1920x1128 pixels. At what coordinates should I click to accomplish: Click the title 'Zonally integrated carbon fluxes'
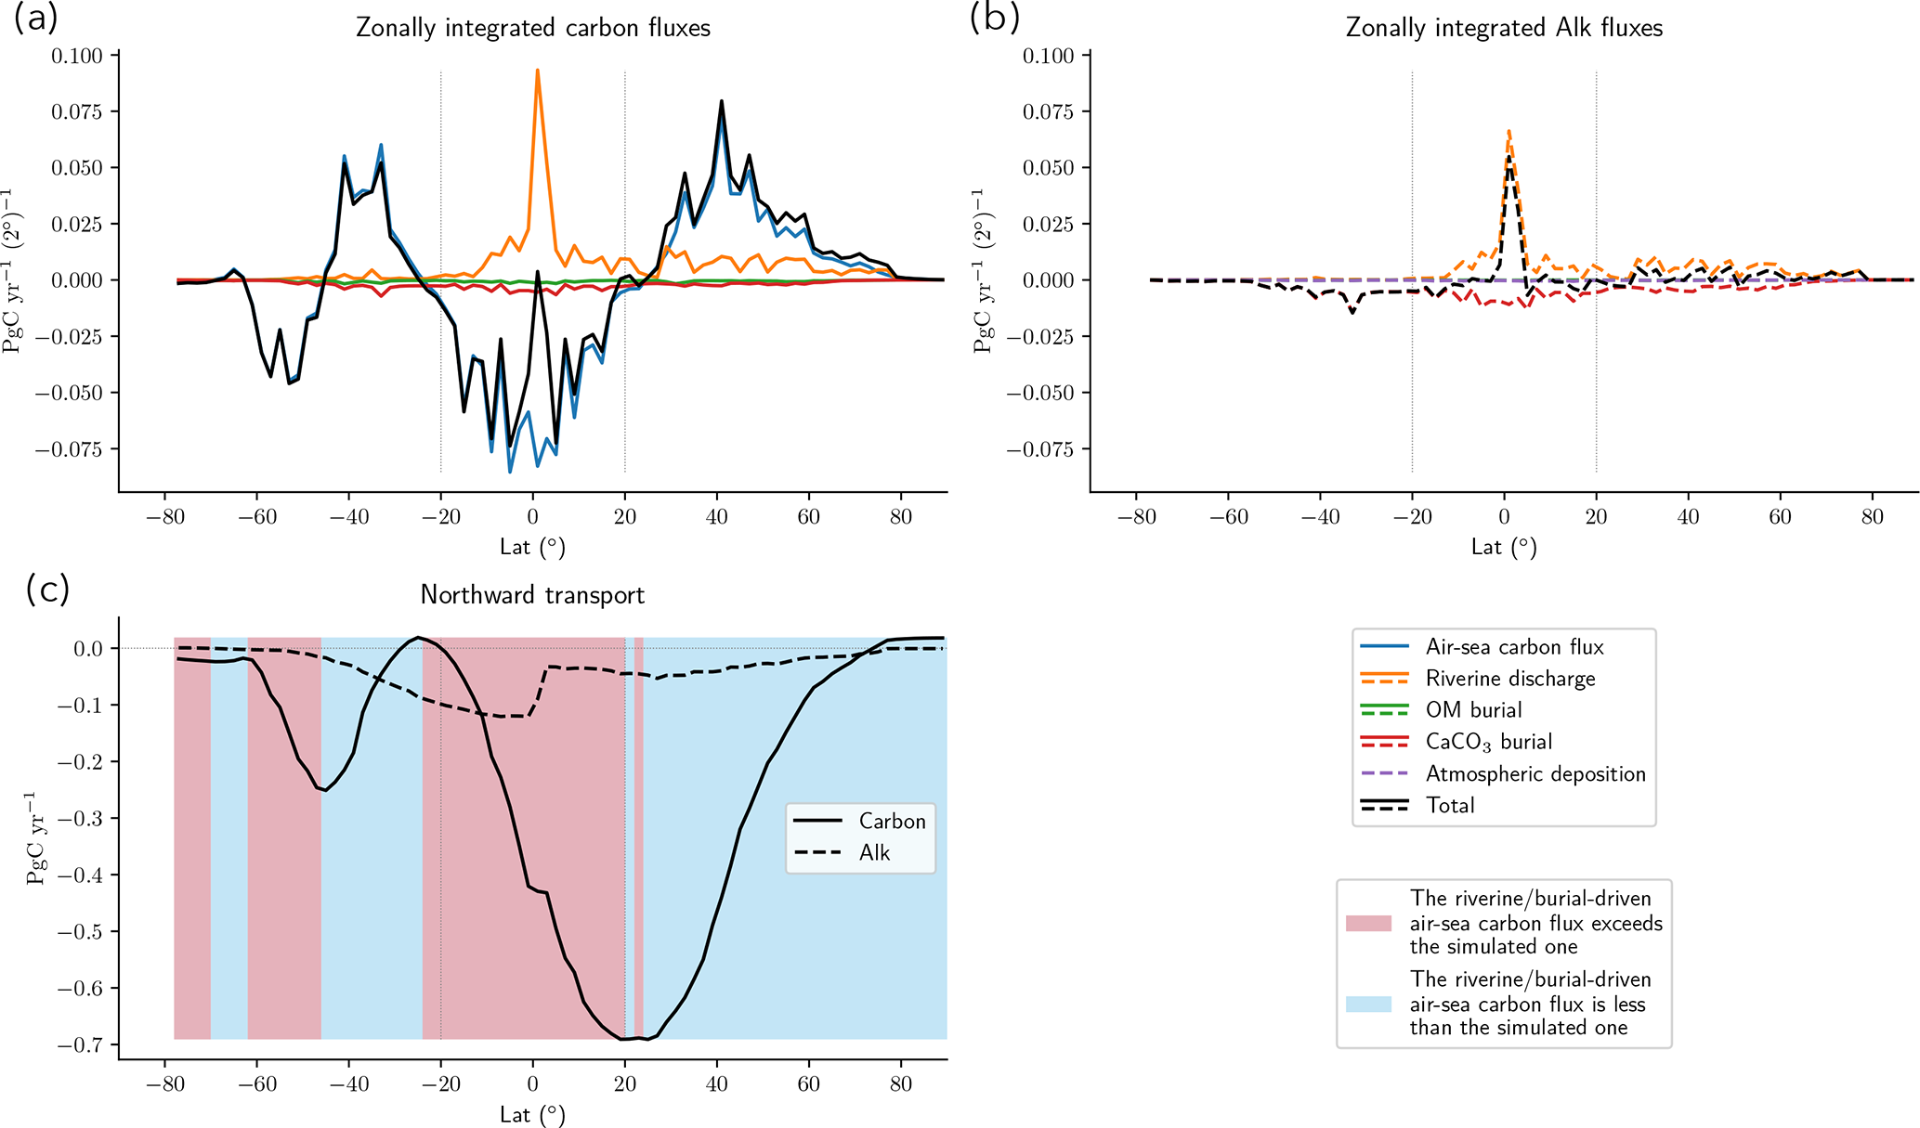533,28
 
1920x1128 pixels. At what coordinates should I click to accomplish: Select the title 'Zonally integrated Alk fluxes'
1504,28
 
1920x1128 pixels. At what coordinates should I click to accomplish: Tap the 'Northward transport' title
532,595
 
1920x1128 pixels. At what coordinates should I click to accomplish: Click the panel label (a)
36,18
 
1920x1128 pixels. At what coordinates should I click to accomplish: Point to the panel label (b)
994,18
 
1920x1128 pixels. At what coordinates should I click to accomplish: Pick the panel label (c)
47,590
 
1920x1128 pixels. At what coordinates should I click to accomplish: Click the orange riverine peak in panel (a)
537,71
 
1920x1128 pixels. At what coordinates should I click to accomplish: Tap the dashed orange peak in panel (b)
1509,132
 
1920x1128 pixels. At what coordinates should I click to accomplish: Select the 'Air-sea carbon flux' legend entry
1514,647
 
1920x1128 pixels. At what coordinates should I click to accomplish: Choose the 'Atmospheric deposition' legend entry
1535,773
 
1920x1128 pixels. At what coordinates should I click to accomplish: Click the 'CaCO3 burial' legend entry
1488,742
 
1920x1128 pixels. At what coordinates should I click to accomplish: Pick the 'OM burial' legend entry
1473,710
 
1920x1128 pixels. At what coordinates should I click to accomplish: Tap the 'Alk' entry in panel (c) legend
874,853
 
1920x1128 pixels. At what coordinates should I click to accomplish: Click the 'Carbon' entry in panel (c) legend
892,822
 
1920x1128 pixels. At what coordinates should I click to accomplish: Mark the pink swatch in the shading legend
1368,923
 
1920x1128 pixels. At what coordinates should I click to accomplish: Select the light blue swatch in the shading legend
1368,1004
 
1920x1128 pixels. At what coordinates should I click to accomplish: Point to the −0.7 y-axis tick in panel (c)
81,1045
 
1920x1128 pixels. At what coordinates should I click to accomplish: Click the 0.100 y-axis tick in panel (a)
76,56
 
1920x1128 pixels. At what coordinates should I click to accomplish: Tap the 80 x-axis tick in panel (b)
1872,517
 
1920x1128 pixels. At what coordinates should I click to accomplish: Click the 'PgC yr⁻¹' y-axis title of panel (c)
36,838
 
